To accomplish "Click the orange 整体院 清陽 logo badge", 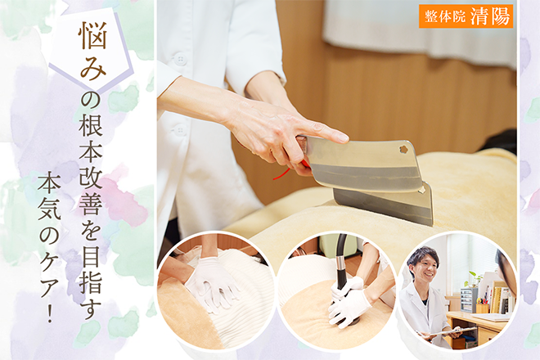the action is pyautogui.click(x=466, y=16).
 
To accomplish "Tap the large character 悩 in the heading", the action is pyautogui.click(x=92, y=35).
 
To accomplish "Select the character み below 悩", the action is pyautogui.click(x=92, y=68).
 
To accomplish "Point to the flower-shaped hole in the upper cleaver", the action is pyautogui.click(x=403, y=149).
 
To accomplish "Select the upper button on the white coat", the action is pyautogui.click(x=178, y=59).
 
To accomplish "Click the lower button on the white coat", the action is pyautogui.click(x=178, y=131).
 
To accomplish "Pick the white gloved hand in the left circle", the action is pyautogui.click(x=211, y=283).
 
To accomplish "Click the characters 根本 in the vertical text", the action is pyautogui.click(x=92, y=141).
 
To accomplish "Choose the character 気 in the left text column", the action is pyautogui.click(x=50, y=209).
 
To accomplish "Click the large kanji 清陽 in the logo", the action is pyautogui.click(x=490, y=16).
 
